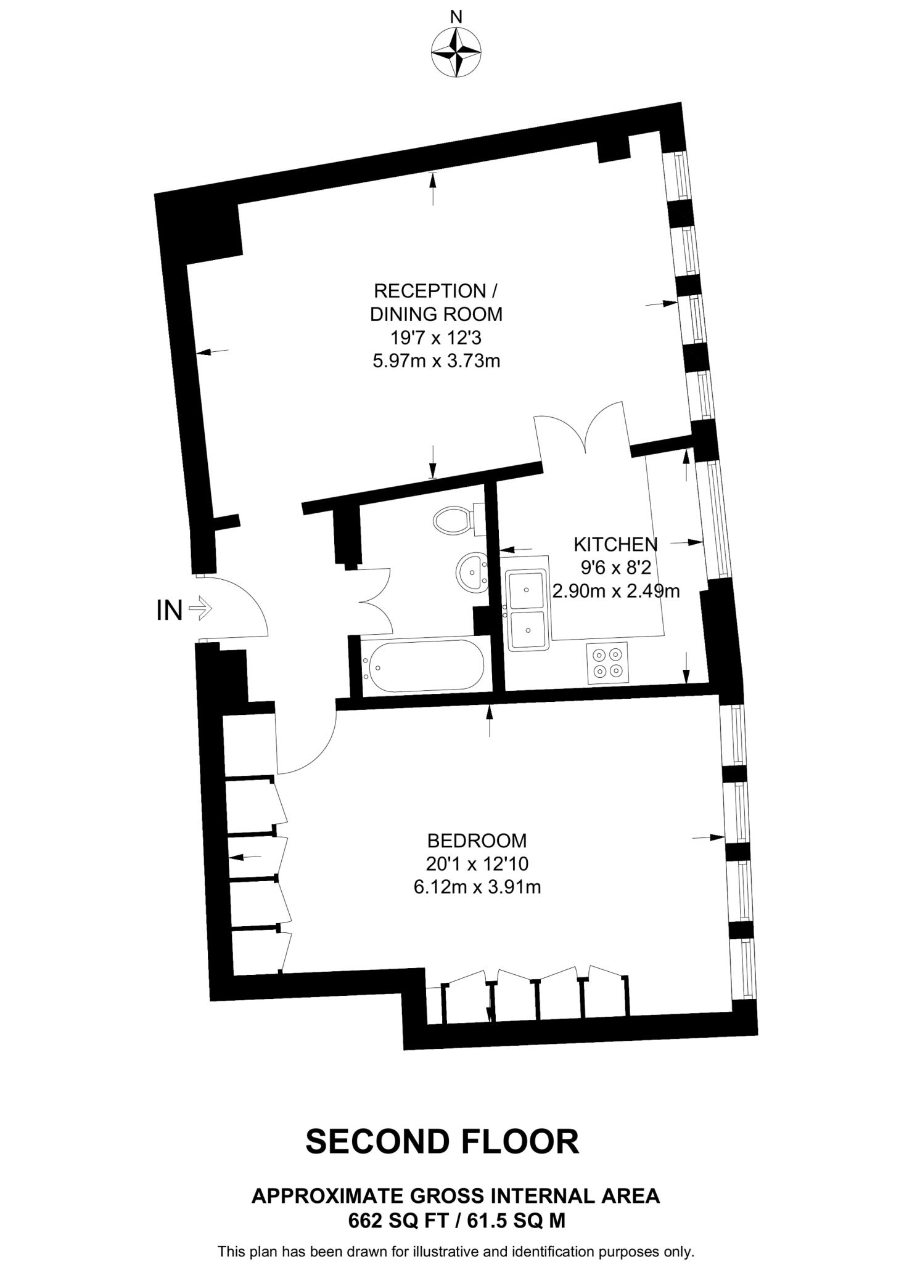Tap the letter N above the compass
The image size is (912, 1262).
(x=456, y=17)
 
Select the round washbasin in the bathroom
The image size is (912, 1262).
(x=472, y=572)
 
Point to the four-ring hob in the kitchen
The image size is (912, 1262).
(x=607, y=662)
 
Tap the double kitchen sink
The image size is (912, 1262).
(x=527, y=610)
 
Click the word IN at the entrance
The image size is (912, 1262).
(x=170, y=611)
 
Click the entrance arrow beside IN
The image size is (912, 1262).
(x=200, y=610)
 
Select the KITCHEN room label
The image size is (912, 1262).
(x=615, y=544)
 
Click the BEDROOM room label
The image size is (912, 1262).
(x=477, y=841)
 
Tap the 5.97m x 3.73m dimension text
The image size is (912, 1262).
(x=436, y=361)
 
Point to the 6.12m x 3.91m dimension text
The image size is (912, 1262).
(x=477, y=887)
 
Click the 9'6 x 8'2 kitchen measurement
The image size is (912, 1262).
(x=615, y=568)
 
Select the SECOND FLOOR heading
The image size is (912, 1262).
(x=442, y=1142)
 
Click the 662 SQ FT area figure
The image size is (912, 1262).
(x=396, y=1220)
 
